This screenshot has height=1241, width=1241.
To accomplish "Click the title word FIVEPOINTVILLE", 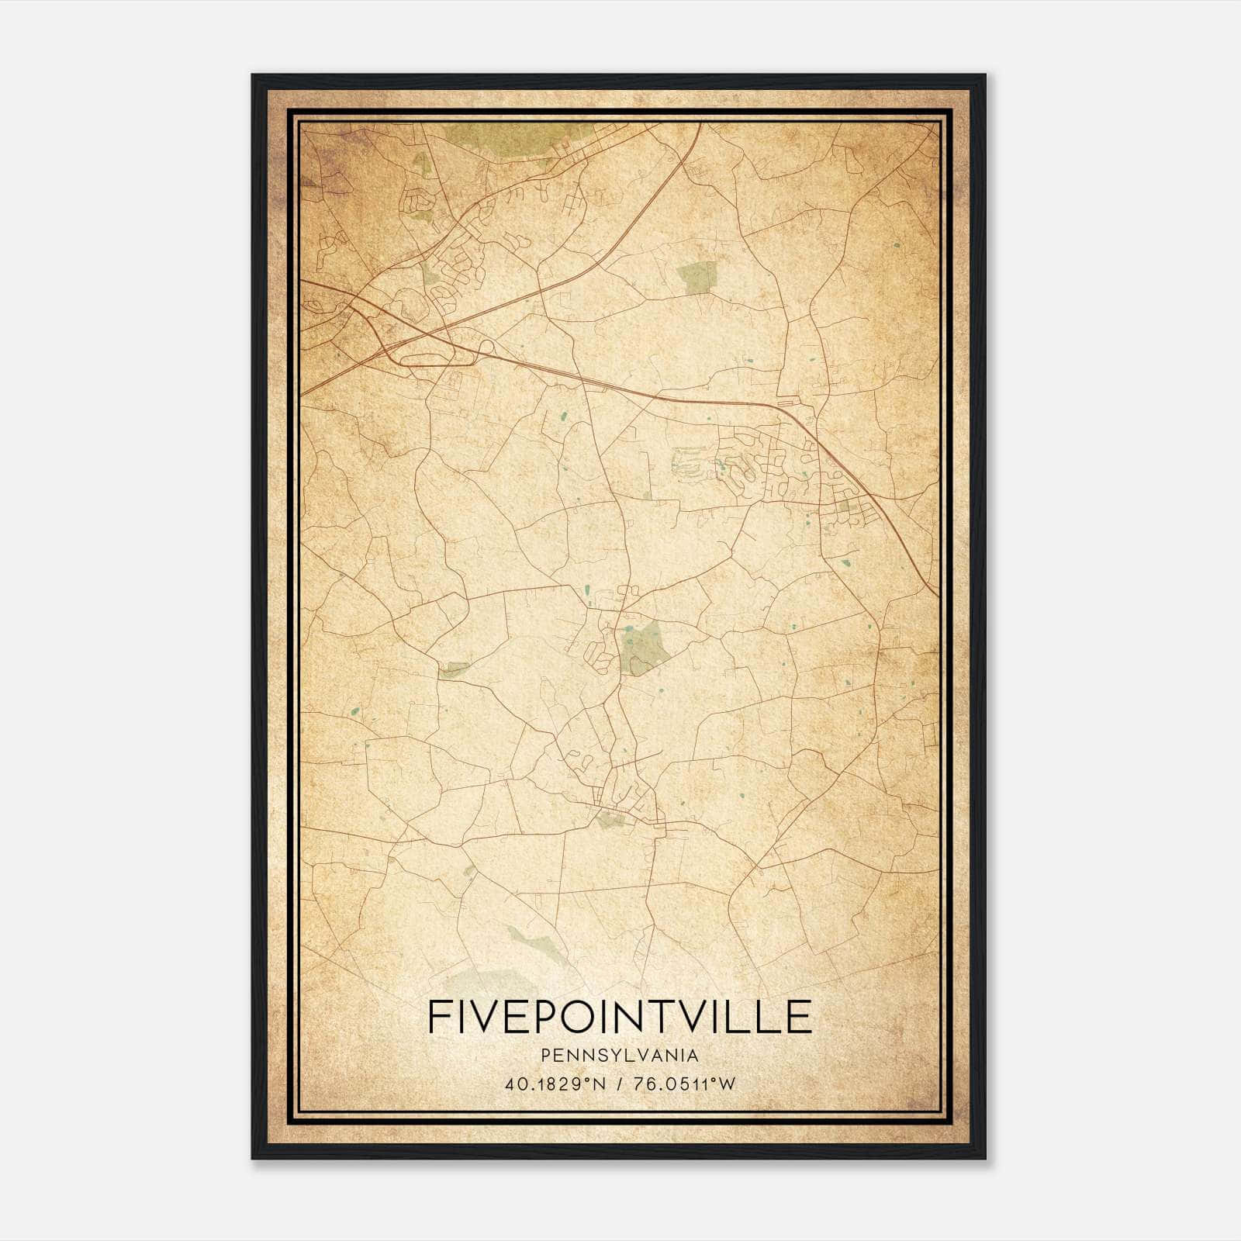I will pyautogui.click(x=619, y=1017).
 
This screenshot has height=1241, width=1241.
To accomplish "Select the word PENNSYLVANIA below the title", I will pyautogui.click(x=619, y=1056).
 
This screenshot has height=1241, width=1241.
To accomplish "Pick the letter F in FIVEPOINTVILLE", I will pyautogui.click(x=436, y=1017).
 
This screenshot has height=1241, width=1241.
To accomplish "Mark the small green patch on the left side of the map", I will pyautogui.click(x=454, y=668).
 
